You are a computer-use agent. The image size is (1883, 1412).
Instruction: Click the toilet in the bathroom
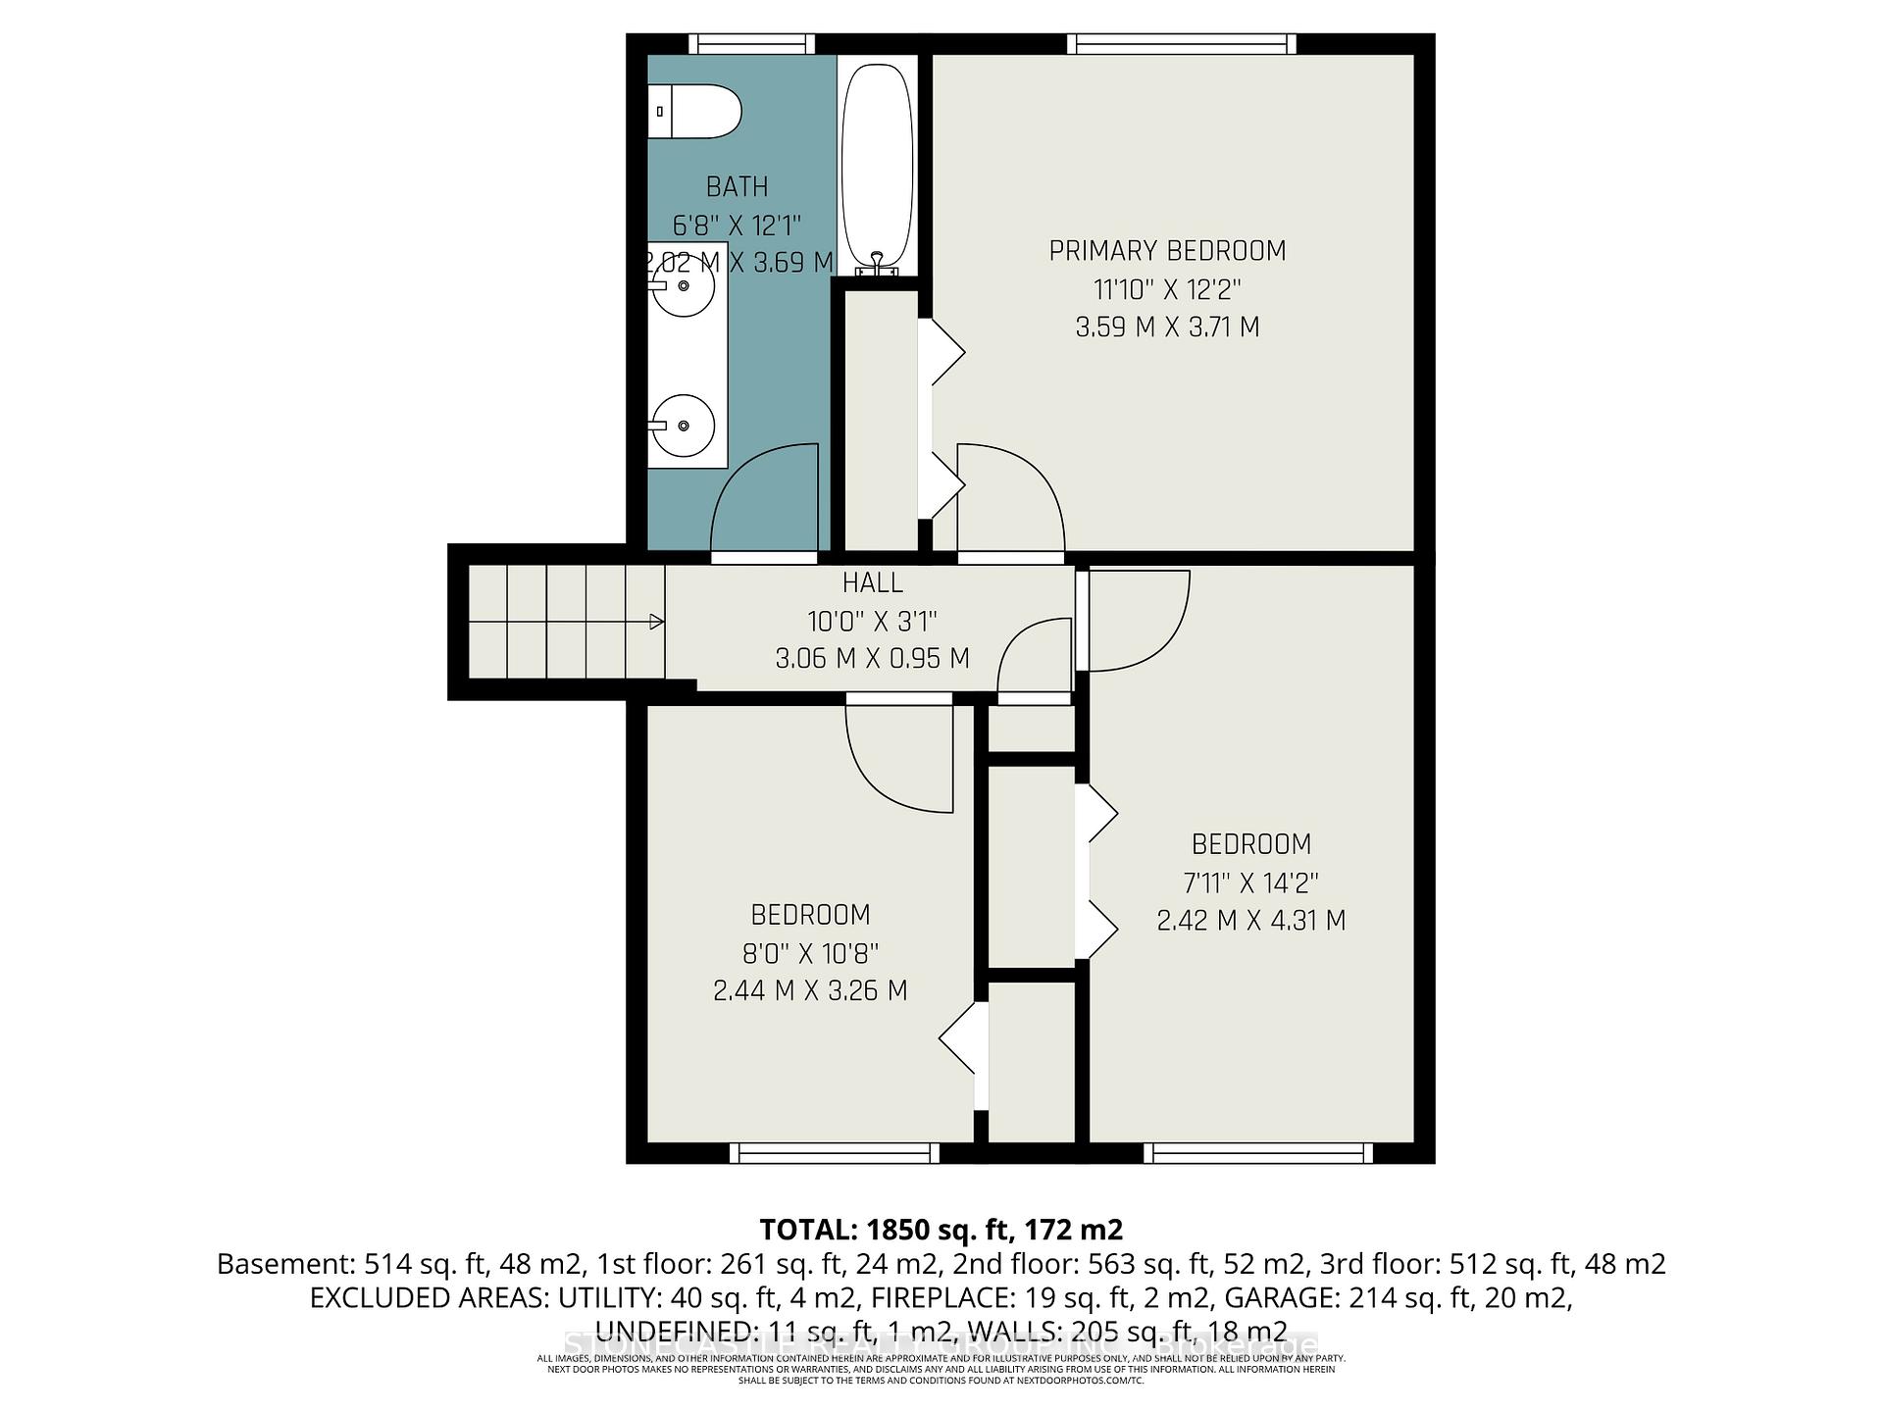(x=694, y=112)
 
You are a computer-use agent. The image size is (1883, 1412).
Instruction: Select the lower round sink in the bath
(x=684, y=426)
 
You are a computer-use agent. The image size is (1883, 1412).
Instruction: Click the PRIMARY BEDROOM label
(x=1167, y=251)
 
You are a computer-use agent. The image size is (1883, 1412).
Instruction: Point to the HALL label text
(x=872, y=583)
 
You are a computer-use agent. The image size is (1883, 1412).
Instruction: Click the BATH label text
(x=738, y=186)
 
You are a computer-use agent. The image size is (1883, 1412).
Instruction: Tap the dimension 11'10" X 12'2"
(x=1167, y=289)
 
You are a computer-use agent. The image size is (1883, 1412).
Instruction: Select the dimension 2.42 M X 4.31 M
(x=1250, y=921)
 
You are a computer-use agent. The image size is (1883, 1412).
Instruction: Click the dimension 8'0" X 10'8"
(x=810, y=952)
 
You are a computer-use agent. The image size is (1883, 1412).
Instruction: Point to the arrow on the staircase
(x=656, y=622)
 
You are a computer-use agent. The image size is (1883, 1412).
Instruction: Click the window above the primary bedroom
(x=1182, y=44)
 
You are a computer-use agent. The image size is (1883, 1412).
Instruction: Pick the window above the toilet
(x=751, y=44)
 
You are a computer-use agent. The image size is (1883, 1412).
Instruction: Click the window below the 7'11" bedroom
(x=1258, y=1153)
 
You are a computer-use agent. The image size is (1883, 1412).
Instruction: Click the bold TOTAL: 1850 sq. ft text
(x=940, y=1230)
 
